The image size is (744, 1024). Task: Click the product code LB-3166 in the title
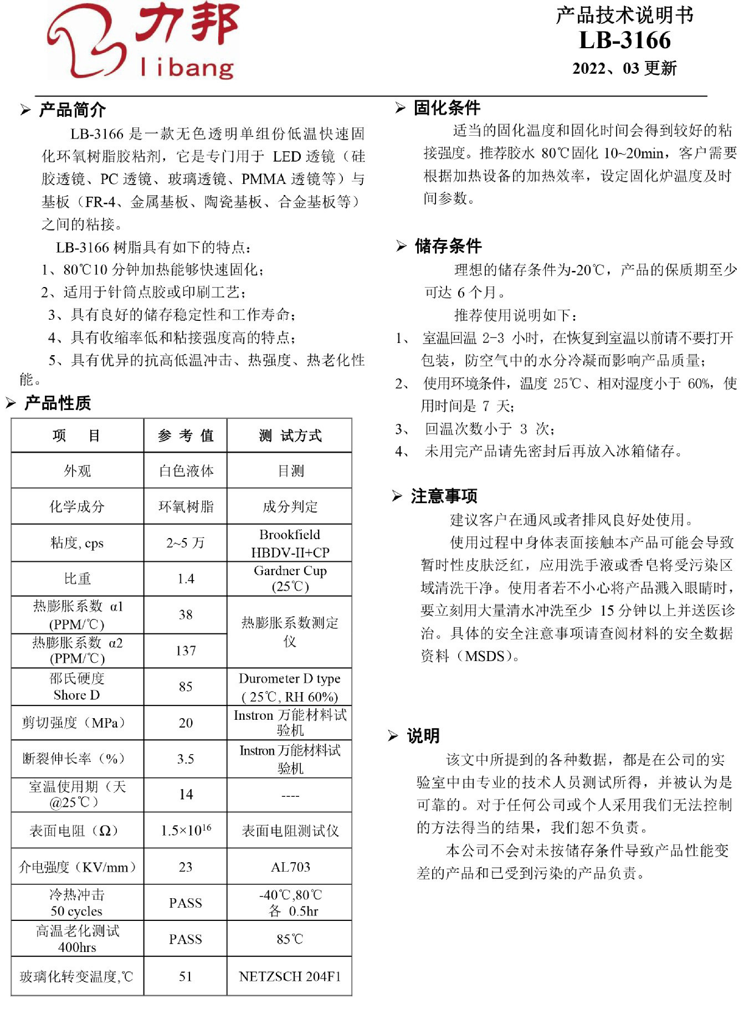click(624, 40)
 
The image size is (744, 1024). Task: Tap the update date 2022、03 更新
click(624, 68)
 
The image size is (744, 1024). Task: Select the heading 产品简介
click(72, 110)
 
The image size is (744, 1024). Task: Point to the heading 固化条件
click(447, 108)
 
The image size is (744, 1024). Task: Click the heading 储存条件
click(448, 245)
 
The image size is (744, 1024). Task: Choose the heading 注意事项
click(444, 495)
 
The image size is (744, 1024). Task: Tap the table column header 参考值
click(186, 436)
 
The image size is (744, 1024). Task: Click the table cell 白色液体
click(186, 471)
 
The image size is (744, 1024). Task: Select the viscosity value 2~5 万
click(186, 543)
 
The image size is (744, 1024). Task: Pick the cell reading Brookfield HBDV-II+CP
click(290, 543)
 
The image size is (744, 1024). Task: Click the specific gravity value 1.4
click(186, 578)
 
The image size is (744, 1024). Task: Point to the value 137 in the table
click(186, 651)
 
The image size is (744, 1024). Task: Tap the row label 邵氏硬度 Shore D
click(77, 687)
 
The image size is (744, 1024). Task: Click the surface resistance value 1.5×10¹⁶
click(186, 830)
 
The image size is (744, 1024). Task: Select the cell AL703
click(290, 867)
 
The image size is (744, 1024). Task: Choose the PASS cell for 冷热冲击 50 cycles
click(186, 903)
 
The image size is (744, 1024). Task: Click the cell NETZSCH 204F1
click(290, 976)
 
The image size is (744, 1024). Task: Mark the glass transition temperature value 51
click(186, 976)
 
